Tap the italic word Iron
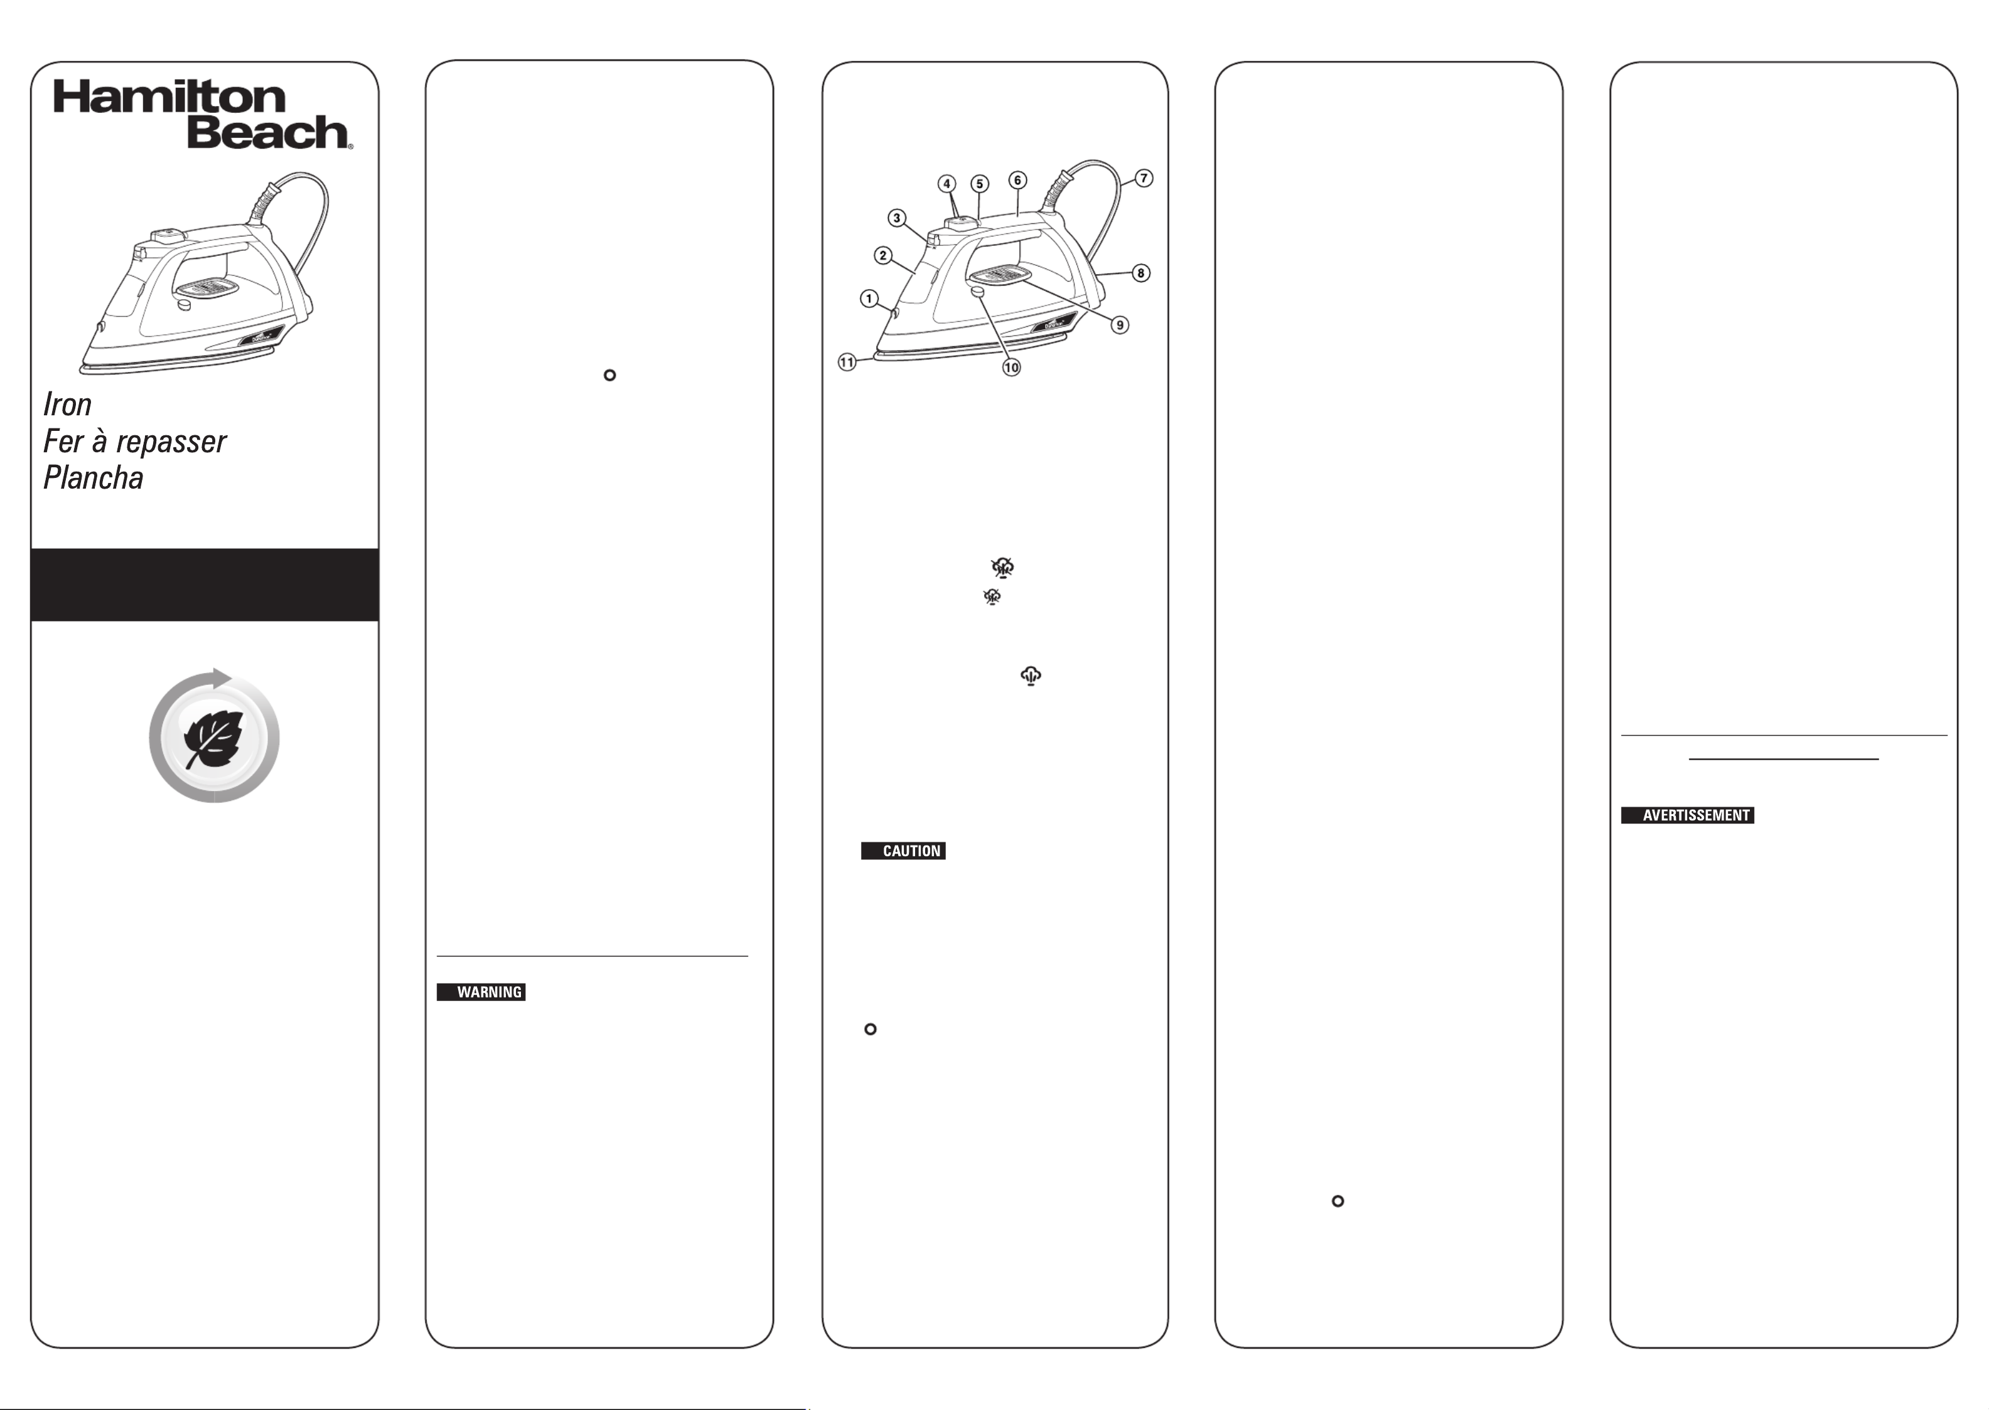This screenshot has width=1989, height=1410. (68, 405)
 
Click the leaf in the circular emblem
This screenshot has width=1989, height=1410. (213, 739)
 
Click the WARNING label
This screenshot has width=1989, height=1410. (481, 992)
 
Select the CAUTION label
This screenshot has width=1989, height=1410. (903, 851)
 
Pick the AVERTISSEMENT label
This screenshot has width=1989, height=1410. (1688, 815)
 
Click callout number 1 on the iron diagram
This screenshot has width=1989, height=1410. (869, 299)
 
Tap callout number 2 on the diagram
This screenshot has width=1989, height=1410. (883, 255)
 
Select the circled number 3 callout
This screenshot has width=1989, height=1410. (898, 218)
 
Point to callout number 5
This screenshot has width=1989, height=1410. (980, 184)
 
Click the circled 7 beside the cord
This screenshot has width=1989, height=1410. (1144, 178)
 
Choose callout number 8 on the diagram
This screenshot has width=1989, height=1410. (1141, 273)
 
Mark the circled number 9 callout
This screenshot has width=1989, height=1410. (1120, 325)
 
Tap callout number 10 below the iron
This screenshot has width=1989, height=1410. (1012, 368)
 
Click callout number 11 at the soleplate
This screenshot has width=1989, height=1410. (847, 362)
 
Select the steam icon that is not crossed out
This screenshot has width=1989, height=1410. (1031, 676)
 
